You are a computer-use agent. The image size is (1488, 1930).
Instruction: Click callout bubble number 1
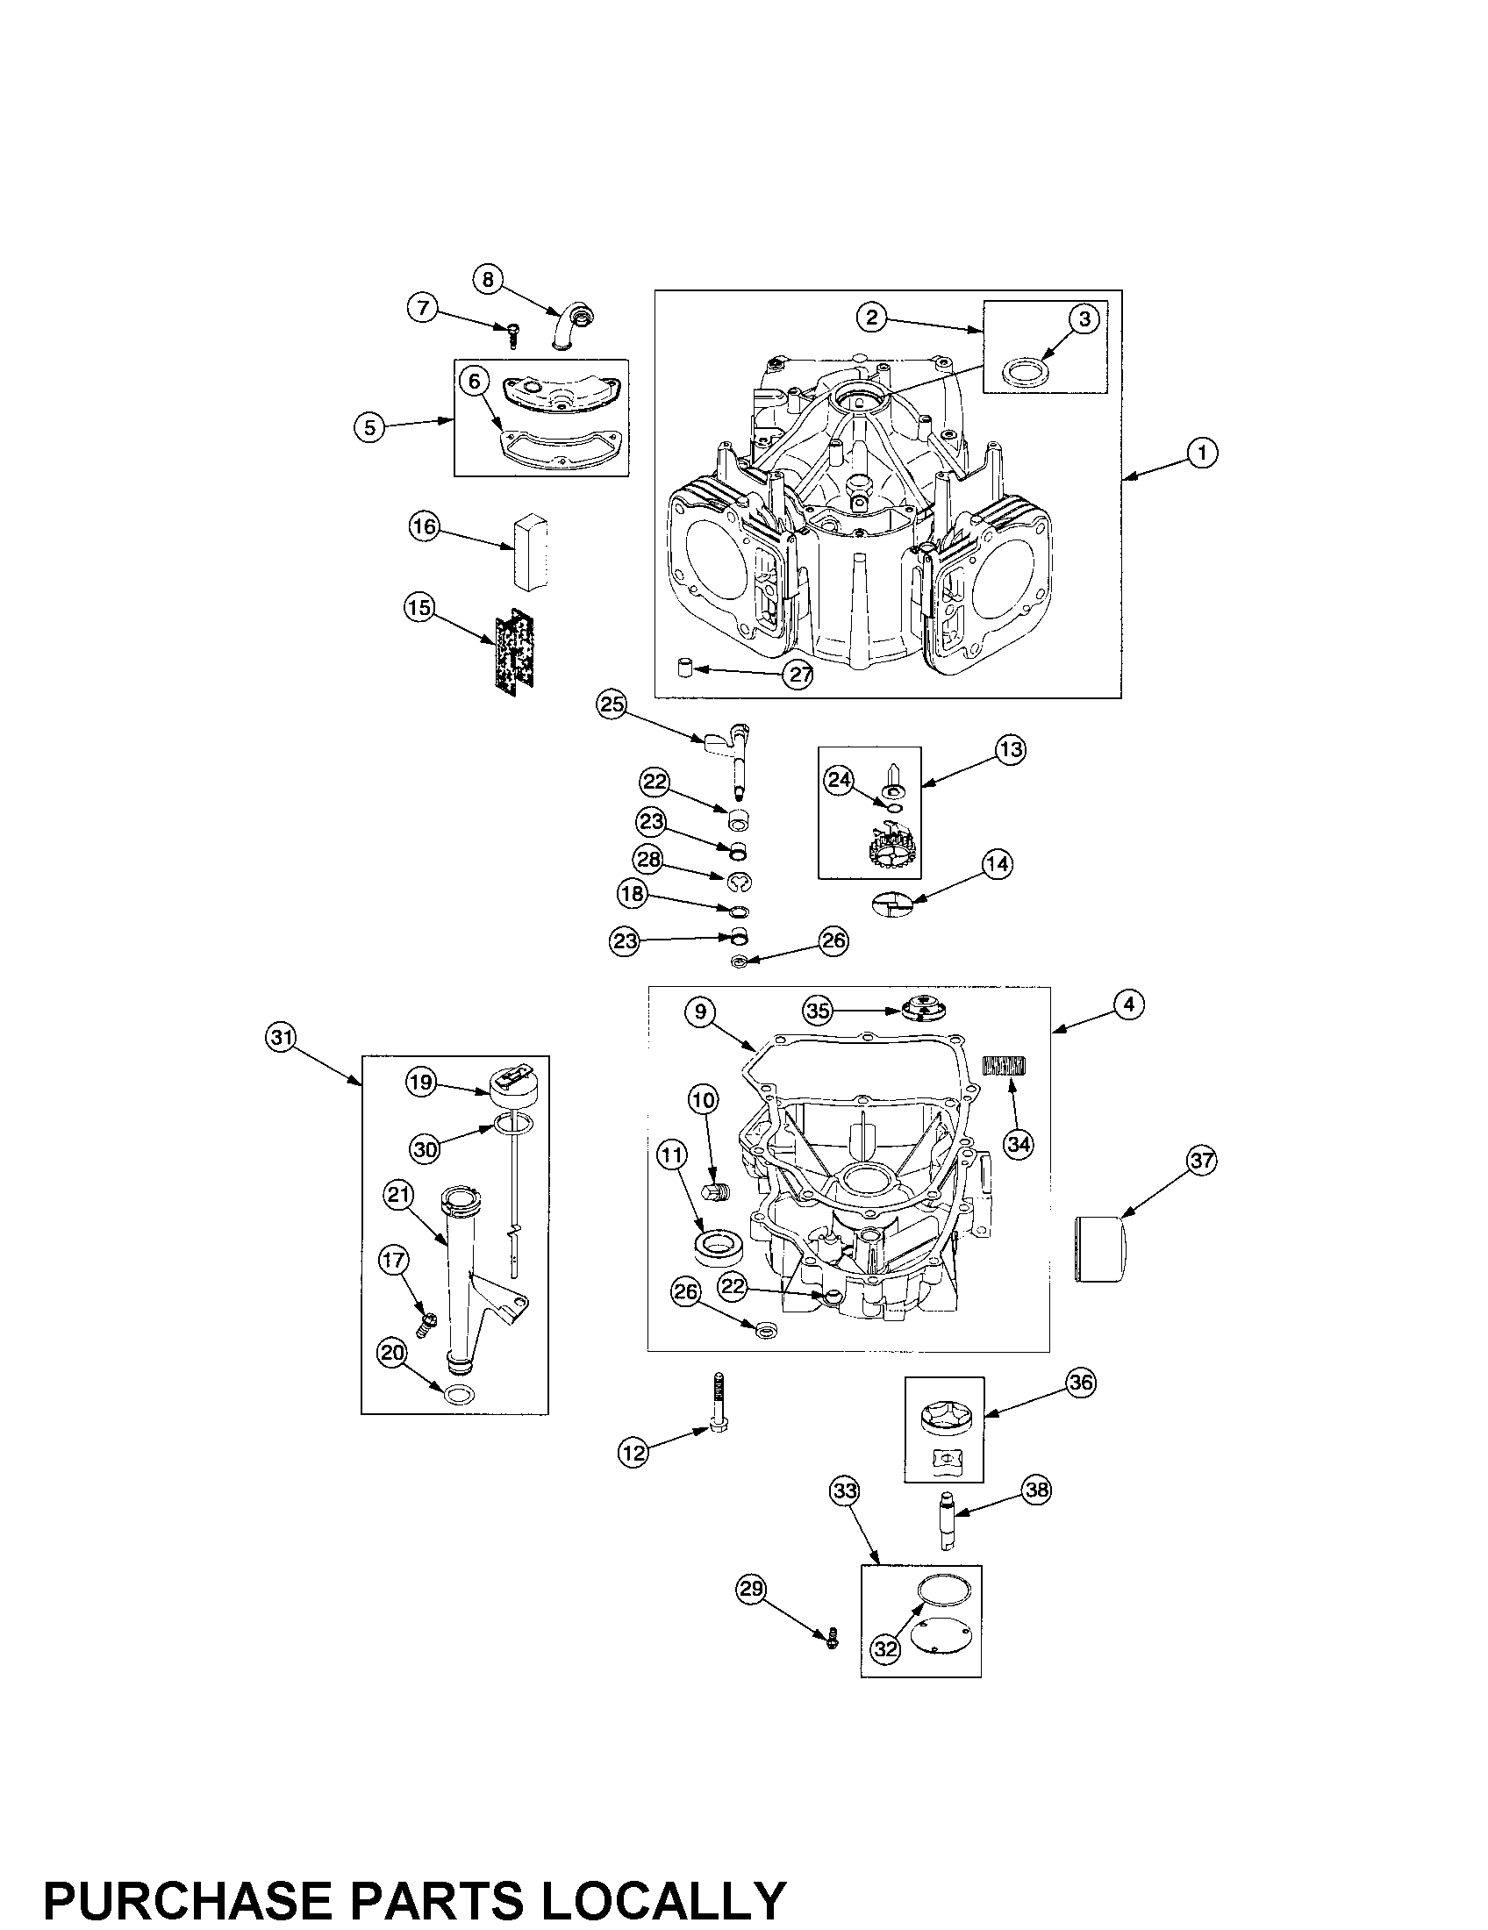pos(1202,453)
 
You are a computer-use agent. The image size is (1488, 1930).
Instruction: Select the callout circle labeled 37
pos(1202,1160)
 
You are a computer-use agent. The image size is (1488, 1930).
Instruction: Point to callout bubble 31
pos(281,1039)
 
